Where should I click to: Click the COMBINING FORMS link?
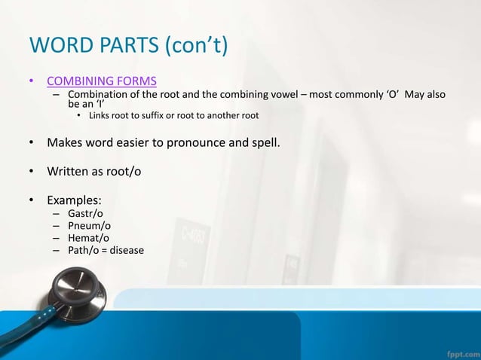pyautogui.click(x=102, y=81)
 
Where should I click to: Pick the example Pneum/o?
pyautogui.click(x=87, y=226)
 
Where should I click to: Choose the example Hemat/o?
pyautogui.click(x=87, y=238)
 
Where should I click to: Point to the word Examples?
pyautogui.click(x=75, y=200)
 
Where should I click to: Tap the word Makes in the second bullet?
pyautogui.click(x=65, y=141)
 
